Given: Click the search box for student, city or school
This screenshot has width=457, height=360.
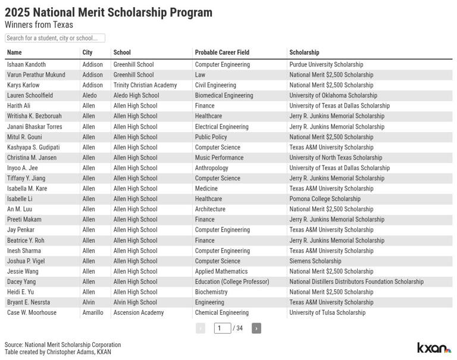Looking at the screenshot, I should (55, 38).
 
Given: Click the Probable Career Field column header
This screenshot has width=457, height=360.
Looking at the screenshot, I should (222, 52).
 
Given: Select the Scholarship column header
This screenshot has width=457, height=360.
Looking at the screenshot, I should (304, 52).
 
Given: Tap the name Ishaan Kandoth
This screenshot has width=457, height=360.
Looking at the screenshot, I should (26, 64).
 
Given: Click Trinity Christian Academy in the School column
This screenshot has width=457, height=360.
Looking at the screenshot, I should (145, 85).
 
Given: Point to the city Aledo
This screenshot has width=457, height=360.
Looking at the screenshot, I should (89, 95).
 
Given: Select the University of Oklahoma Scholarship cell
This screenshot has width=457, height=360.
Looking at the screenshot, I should (333, 95).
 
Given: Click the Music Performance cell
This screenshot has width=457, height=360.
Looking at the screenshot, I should (219, 158).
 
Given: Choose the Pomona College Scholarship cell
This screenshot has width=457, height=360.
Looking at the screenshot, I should (325, 199).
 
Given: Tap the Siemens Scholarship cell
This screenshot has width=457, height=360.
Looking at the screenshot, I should (315, 261).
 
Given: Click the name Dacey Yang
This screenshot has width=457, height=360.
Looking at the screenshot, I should (21, 281).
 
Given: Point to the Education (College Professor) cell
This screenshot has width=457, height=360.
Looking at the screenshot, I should (232, 281).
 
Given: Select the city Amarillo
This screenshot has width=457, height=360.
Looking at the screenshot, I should (93, 312).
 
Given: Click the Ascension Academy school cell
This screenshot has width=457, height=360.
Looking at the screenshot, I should (139, 312).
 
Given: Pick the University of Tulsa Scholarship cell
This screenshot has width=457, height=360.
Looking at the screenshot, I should (327, 312).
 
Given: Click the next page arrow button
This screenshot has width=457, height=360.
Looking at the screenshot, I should (256, 328).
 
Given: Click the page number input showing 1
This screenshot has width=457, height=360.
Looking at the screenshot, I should (223, 328).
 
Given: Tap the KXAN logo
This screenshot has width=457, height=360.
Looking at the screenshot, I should (434, 348).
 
